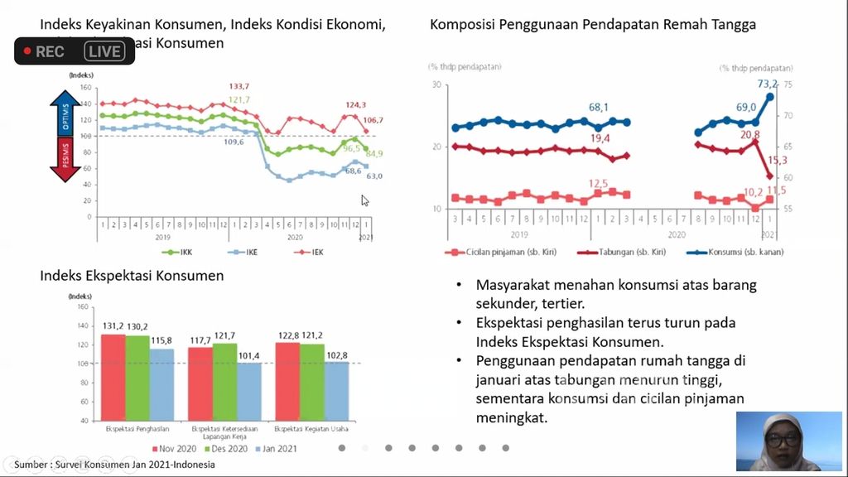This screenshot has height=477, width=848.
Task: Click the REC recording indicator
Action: tap(44, 51)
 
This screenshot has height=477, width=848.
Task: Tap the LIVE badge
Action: tap(104, 51)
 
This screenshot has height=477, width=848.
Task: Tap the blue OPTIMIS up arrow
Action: tap(66, 113)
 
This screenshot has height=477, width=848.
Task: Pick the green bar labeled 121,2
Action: tap(311, 382)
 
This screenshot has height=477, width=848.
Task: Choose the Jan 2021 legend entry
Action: tap(276, 448)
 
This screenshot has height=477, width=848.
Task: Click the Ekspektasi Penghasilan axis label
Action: tap(137, 429)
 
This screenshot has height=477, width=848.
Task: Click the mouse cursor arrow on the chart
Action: tap(364, 200)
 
